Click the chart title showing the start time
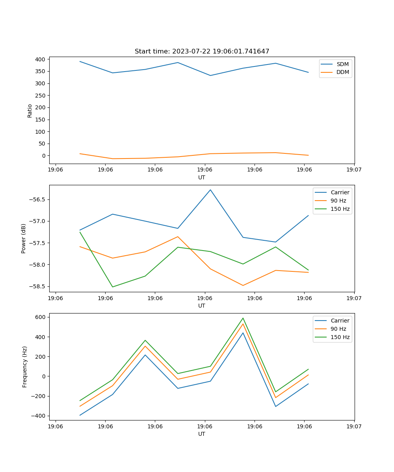pos(202,52)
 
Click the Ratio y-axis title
pos(30,111)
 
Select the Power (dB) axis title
pos(24,238)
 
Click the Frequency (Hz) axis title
pos(25,367)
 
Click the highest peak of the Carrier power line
pos(210,190)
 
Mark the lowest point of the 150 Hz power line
pos(113,287)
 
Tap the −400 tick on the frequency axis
pos(40,416)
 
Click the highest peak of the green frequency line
pos(243,318)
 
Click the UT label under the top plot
pos(202,177)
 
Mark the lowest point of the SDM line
pos(210,76)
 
